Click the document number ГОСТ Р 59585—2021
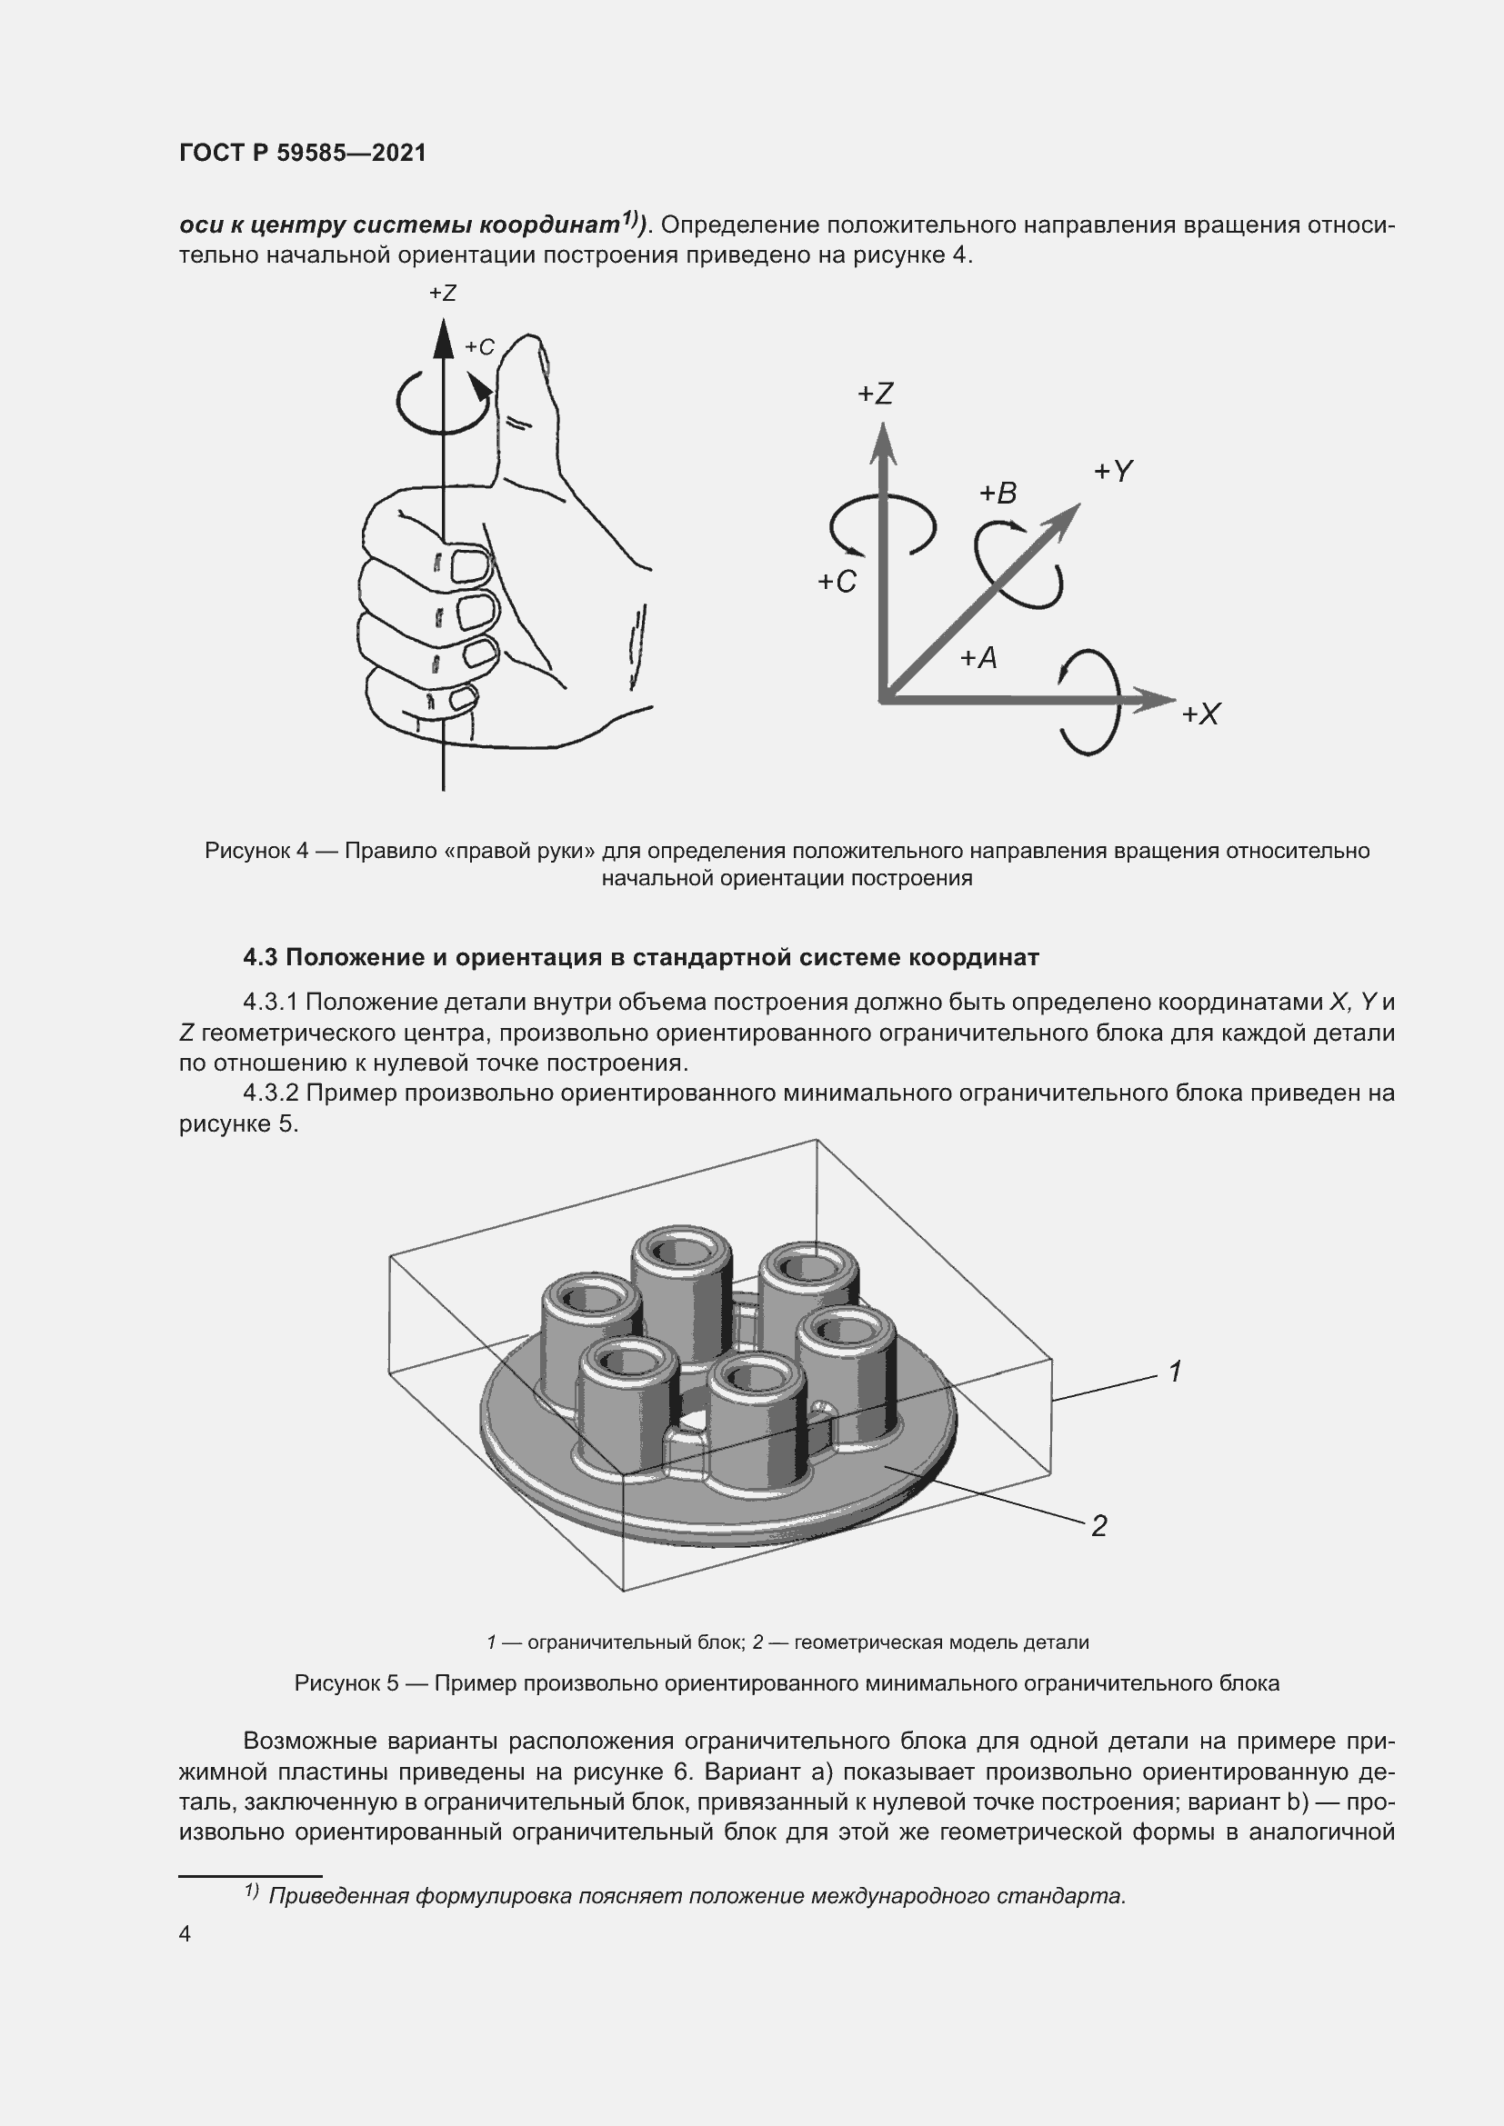click(x=303, y=153)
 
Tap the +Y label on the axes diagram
click(x=1113, y=472)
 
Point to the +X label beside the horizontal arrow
click(x=1201, y=714)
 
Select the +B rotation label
click(x=998, y=494)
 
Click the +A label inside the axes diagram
click(x=978, y=658)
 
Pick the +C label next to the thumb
click(x=480, y=347)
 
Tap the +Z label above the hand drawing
click(x=443, y=294)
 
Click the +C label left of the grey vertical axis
click(x=837, y=582)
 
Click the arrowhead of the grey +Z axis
click(x=883, y=441)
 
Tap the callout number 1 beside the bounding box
click(x=1174, y=1372)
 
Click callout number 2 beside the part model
click(x=1099, y=1525)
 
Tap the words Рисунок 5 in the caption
click(x=346, y=1682)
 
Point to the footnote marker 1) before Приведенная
click(x=251, y=1891)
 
